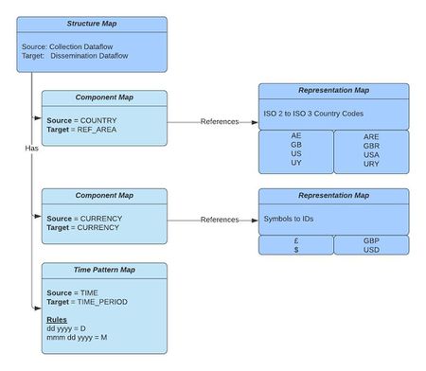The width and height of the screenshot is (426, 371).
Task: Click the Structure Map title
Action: (x=91, y=23)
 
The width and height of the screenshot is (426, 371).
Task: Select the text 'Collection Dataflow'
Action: (x=99, y=45)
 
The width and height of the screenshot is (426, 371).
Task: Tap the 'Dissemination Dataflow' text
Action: (x=106, y=56)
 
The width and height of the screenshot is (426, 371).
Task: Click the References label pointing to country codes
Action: (x=220, y=122)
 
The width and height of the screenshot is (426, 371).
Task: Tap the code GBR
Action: (x=371, y=146)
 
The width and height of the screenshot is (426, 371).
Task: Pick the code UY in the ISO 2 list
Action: (x=295, y=164)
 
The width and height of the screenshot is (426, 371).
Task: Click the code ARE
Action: (x=371, y=136)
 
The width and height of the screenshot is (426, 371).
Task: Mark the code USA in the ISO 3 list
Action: (x=371, y=154)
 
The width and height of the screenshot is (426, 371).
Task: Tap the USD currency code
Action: (x=371, y=250)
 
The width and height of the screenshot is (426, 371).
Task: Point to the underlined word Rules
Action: (x=57, y=320)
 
